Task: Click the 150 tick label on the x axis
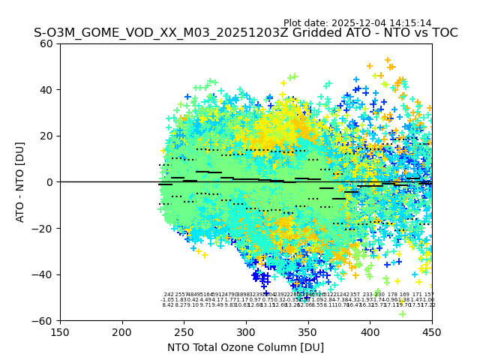[x=60, y=331]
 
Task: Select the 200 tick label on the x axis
[x=122, y=331]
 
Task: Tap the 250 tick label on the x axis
[x=184, y=331]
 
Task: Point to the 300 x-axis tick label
[x=246, y=331]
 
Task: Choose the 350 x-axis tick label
[x=308, y=331]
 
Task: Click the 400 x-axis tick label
[x=370, y=331]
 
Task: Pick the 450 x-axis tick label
[x=432, y=331]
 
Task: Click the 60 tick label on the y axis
[x=46, y=43]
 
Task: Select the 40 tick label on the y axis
[x=46, y=90]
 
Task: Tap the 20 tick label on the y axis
[x=46, y=136]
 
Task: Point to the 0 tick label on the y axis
[x=49, y=182]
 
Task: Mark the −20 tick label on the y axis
[x=43, y=228]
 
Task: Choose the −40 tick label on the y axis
[x=43, y=274]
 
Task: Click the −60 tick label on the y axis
[x=43, y=320]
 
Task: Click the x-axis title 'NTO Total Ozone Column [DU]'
[x=246, y=347]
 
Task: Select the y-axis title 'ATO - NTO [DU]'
[x=21, y=182]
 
